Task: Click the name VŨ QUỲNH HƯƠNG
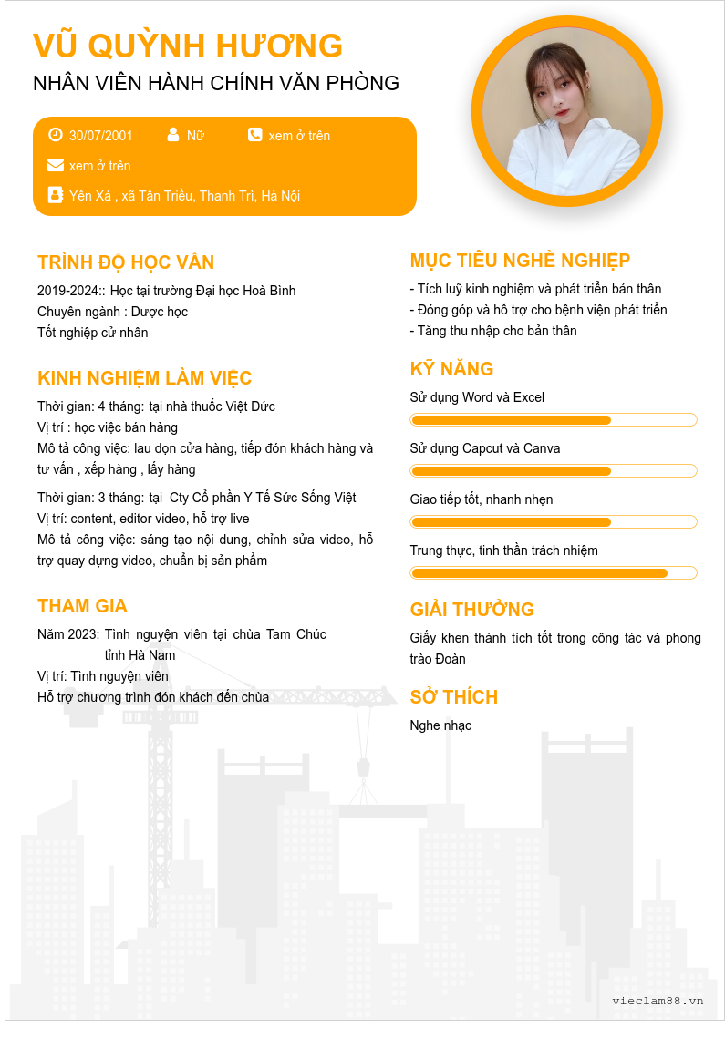(x=188, y=46)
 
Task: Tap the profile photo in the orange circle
(x=567, y=112)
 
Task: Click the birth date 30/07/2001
(x=101, y=136)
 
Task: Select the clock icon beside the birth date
(x=56, y=135)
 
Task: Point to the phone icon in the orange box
(x=254, y=135)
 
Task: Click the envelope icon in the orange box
(x=56, y=165)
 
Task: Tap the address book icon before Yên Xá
(x=56, y=195)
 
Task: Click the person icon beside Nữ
(x=173, y=135)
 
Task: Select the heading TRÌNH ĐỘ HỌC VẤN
(x=126, y=262)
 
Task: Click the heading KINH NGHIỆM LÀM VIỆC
(x=145, y=378)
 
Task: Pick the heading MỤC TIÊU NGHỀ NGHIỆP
(x=520, y=261)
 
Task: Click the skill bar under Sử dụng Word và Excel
(x=554, y=420)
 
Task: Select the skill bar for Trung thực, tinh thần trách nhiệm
(x=554, y=573)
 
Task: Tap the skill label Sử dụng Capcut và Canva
(x=485, y=448)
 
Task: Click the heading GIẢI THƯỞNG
(x=472, y=610)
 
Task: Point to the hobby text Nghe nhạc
(x=440, y=725)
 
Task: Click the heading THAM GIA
(x=82, y=606)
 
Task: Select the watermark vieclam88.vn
(x=658, y=1001)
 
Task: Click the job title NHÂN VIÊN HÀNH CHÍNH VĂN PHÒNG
(x=216, y=83)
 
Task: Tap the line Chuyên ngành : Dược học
(x=113, y=312)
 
